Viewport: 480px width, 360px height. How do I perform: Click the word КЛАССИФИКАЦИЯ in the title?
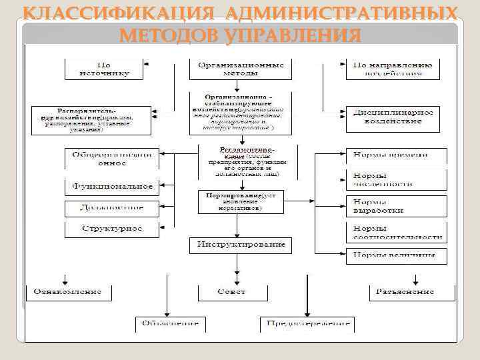click(x=120, y=14)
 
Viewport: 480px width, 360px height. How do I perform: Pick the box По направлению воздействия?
click(x=393, y=69)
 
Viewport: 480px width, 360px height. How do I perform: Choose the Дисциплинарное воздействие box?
click(x=393, y=117)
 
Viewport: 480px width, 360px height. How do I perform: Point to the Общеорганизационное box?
click(x=112, y=159)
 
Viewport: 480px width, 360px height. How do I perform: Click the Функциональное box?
click(x=112, y=187)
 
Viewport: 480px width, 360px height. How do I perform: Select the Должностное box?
click(x=112, y=208)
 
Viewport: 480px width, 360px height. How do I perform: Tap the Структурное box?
click(x=112, y=229)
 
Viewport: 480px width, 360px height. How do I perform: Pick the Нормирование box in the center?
click(x=241, y=201)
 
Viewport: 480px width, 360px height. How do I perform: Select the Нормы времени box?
click(x=396, y=155)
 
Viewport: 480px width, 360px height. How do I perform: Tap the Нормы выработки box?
click(x=396, y=206)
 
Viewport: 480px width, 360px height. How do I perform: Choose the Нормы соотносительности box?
click(x=396, y=232)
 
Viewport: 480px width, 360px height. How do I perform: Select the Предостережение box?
click(x=306, y=323)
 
